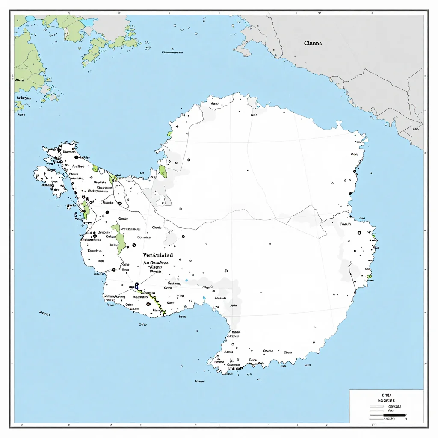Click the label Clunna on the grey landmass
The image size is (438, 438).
313,43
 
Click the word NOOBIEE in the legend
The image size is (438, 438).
386,401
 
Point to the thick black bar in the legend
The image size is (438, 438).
394,414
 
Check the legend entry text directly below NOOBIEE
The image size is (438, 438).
391,406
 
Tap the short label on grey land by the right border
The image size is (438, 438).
416,129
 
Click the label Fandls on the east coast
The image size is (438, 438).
346,224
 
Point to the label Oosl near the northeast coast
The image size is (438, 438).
355,154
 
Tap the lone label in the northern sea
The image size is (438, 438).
172,53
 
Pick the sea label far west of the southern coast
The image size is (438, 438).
44,314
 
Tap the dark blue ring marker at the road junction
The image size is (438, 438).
137,284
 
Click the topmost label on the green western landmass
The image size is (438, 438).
20,80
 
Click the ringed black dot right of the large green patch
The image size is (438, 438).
134,245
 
